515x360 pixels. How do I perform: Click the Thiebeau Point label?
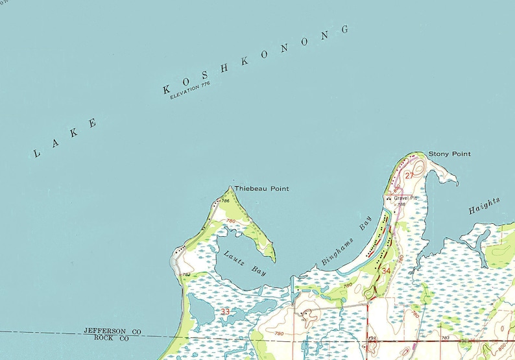coord(261,189)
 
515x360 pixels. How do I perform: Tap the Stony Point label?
coord(449,154)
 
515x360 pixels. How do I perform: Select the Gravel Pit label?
coord(405,197)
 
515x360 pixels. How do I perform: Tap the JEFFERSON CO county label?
coord(112,331)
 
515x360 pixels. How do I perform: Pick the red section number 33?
coord(225,312)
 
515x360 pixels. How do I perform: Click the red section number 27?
coord(409,175)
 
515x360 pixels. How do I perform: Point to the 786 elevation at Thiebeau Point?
coord(226,201)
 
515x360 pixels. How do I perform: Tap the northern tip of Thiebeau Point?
coord(230,187)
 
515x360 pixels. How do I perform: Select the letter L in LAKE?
coord(36,153)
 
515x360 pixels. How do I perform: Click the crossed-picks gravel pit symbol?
coord(389,198)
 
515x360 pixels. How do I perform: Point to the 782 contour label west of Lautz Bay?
coord(186,275)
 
